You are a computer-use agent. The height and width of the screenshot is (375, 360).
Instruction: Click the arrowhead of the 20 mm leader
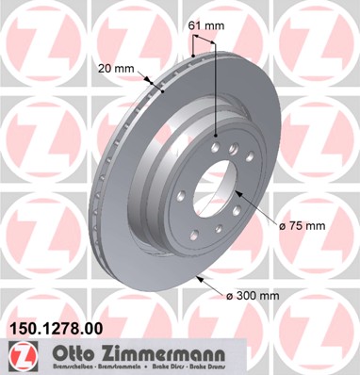162,92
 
